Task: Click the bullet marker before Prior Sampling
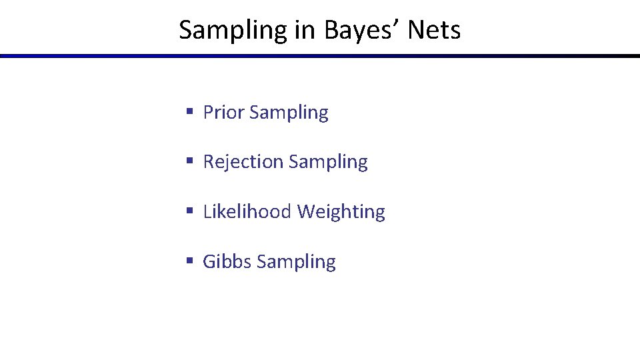click(190, 112)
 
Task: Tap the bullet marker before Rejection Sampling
click(190, 161)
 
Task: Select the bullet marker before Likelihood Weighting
click(190, 211)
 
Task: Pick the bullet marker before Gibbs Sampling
click(190, 261)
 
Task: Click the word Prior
click(223, 113)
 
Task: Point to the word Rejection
click(243, 162)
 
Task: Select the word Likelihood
click(247, 212)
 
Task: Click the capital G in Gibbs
click(209, 261)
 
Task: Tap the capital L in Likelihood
click(207, 212)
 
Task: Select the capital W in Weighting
click(306, 212)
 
